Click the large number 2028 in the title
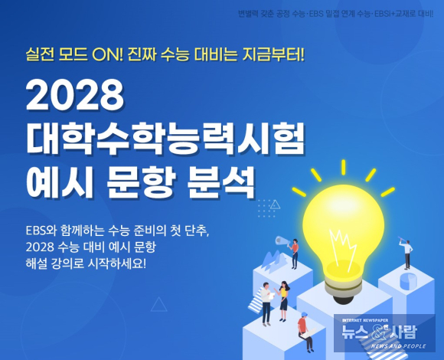[75, 94]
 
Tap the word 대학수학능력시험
[165, 139]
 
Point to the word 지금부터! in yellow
[273, 54]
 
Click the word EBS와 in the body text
[41, 231]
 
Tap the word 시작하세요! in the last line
[117, 264]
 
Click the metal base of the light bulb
[343, 286]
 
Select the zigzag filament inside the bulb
[343, 248]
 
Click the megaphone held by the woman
[282, 241]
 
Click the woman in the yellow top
[283, 301]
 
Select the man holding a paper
[266, 304]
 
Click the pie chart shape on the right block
[408, 280]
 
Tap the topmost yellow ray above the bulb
[343, 167]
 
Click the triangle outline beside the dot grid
[275, 205]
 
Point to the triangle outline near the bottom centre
[159, 305]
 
